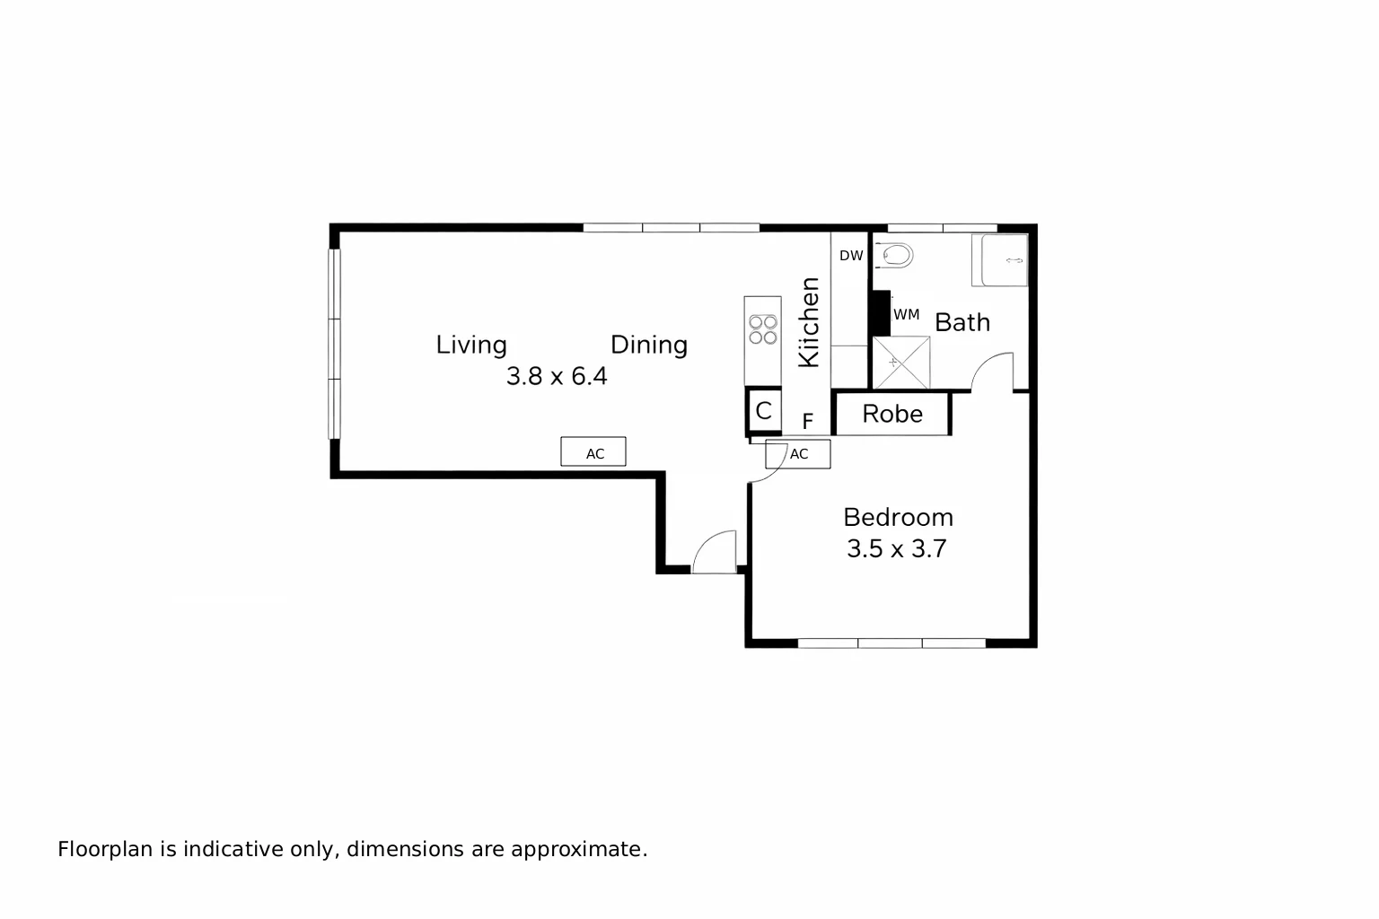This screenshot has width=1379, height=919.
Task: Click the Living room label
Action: pos(471,345)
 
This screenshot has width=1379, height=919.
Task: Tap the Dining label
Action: pos(649,345)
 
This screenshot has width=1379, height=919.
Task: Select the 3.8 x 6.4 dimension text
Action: pos(557,376)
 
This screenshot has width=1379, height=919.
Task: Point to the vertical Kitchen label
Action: pos(810,322)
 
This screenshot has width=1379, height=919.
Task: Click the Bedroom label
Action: pos(898,517)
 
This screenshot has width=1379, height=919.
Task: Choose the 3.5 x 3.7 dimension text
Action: pos(897,548)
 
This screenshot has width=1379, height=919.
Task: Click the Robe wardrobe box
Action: pos(892,414)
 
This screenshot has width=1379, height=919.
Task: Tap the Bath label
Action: pos(962,322)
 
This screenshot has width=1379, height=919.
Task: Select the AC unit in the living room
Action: pos(593,452)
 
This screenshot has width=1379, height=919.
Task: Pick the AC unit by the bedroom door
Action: pos(798,454)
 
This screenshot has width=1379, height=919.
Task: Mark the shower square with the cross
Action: pos(901,363)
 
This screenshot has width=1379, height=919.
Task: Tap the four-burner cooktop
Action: pos(763,329)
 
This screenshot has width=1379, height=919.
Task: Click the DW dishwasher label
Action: pos(851,256)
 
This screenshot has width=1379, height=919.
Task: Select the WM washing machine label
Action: pos(906,315)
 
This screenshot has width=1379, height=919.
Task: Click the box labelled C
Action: pos(763,411)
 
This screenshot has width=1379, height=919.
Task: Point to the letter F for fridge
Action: pos(808,422)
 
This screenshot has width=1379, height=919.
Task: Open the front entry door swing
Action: pos(716,551)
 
